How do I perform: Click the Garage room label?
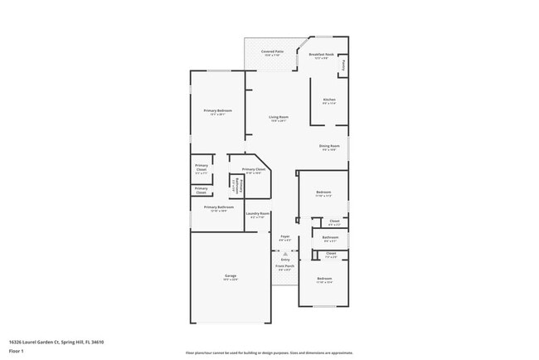[230, 275]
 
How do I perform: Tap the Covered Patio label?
[273, 51]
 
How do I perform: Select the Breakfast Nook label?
[320, 54]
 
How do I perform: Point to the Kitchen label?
[329, 100]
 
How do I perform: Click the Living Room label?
[278, 117]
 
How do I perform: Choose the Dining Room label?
[329, 146]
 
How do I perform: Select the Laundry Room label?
[258, 214]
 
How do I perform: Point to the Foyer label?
[284, 236]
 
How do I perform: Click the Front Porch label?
[284, 265]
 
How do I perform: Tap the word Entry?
[284, 259]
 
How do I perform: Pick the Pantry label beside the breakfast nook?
[342, 66]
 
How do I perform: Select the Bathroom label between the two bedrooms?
[330, 237]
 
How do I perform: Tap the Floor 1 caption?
[15, 352]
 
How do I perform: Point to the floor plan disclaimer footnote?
[269, 353]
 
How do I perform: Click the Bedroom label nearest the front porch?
[323, 278]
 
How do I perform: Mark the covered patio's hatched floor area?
[264, 61]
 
